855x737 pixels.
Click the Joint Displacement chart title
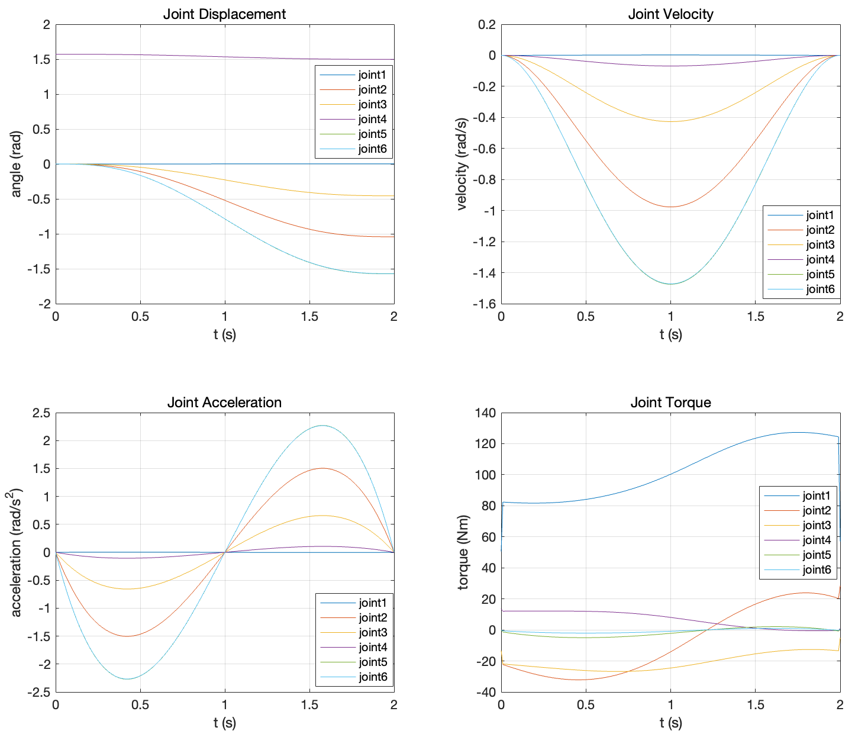pyautogui.click(x=224, y=14)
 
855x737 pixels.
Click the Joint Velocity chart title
pyautogui.click(x=670, y=14)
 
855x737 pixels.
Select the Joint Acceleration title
pyautogui.click(x=224, y=403)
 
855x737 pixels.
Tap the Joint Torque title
pyautogui.click(x=670, y=403)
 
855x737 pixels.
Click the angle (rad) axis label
pyautogui.click(x=16, y=165)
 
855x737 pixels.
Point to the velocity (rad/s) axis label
pyautogui.click(x=462, y=165)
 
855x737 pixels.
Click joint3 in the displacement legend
pyautogui.click(x=372, y=105)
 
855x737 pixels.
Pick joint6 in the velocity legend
pyautogui.click(x=820, y=289)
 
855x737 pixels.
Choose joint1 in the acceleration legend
pyautogui.click(x=372, y=603)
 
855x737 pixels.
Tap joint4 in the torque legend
pyautogui.click(x=817, y=540)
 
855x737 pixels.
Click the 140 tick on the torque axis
pyautogui.click(x=485, y=413)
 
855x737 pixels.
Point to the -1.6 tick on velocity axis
pyautogui.click(x=483, y=304)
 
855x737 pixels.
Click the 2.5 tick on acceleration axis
pyautogui.click(x=40, y=413)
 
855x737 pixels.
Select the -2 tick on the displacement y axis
pyautogui.click(x=43, y=304)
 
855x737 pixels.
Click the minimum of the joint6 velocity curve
pyautogui.click(x=670, y=284)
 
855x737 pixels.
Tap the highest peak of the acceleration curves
pyautogui.click(x=322, y=426)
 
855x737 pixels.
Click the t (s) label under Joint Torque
pyautogui.click(x=670, y=723)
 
